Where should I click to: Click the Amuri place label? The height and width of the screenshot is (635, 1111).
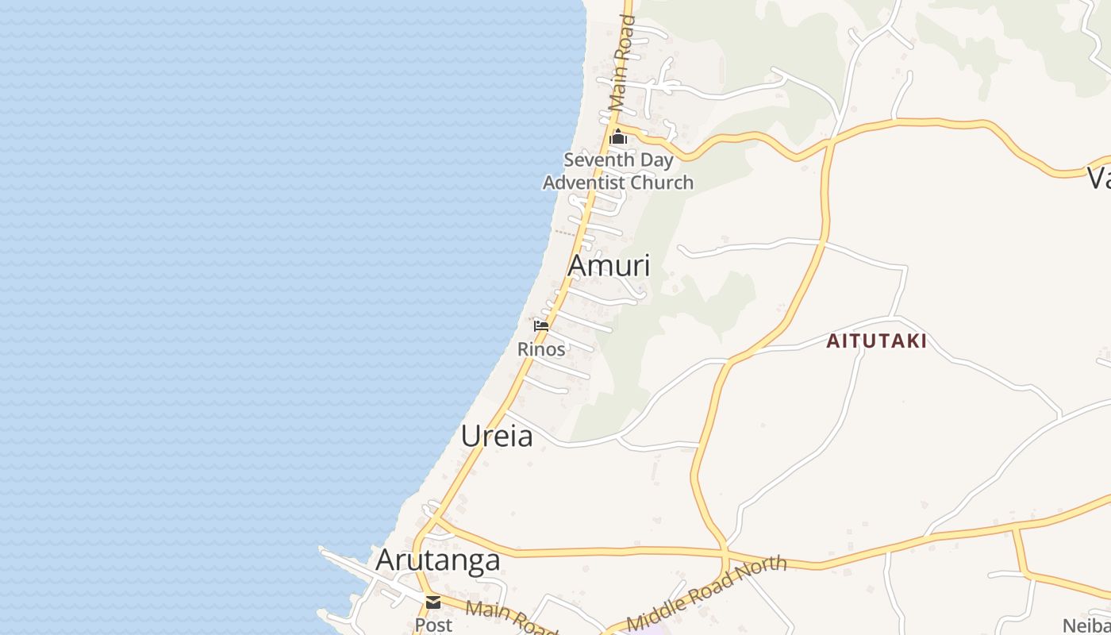[x=609, y=266]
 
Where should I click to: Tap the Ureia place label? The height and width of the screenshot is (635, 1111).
[x=497, y=436]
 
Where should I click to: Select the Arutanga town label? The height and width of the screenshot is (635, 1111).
[x=438, y=560]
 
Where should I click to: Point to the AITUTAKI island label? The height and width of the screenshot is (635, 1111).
[x=876, y=341]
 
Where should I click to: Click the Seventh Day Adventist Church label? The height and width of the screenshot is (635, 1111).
[x=618, y=171]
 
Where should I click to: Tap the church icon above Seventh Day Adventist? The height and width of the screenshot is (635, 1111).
[x=618, y=138]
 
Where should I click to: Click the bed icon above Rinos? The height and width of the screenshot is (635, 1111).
[x=541, y=325]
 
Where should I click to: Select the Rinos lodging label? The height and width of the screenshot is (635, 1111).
[x=541, y=348]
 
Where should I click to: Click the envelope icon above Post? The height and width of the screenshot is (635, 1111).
[x=433, y=602]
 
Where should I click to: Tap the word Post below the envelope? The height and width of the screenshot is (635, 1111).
[x=433, y=625]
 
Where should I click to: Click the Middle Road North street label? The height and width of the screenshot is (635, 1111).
[x=706, y=592]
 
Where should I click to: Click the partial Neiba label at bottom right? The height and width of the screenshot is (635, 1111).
[x=1086, y=625]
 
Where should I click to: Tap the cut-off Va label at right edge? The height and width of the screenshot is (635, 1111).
[x=1098, y=178]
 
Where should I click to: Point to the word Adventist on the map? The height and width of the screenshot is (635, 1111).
[x=581, y=183]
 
